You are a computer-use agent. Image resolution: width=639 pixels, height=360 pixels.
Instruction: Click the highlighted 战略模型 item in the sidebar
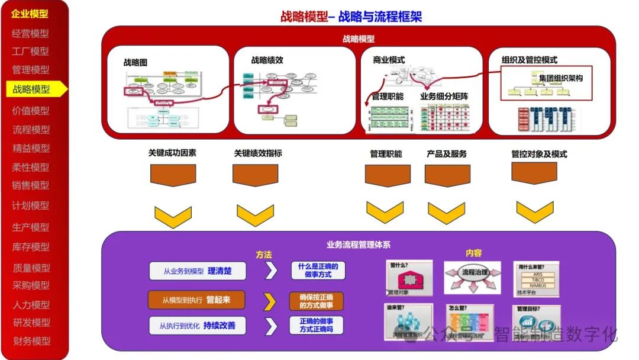click(33, 89)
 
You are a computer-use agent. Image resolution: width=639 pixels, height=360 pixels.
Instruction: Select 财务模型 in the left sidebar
click(31, 341)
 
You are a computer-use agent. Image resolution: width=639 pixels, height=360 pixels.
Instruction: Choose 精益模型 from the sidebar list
click(31, 149)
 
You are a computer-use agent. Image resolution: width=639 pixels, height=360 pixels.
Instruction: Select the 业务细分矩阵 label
click(444, 96)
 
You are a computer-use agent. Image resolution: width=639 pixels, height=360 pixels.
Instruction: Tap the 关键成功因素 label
click(172, 153)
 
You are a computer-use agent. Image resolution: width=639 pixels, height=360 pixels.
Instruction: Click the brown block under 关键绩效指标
click(255, 175)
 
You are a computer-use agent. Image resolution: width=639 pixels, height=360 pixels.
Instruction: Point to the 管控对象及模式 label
click(539, 154)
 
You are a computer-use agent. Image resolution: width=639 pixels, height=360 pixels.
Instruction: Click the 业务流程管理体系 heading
click(358, 244)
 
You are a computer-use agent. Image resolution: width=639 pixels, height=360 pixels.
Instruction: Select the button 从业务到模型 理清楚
click(197, 271)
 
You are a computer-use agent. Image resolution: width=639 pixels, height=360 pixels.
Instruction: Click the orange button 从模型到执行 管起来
click(197, 300)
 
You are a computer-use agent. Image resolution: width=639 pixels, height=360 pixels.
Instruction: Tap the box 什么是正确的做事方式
click(317, 271)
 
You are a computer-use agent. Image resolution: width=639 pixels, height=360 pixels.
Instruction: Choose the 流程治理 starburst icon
click(472, 276)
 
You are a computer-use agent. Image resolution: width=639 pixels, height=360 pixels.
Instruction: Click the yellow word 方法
click(264, 255)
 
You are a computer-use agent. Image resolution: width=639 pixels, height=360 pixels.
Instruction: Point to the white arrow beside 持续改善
click(270, 326)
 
